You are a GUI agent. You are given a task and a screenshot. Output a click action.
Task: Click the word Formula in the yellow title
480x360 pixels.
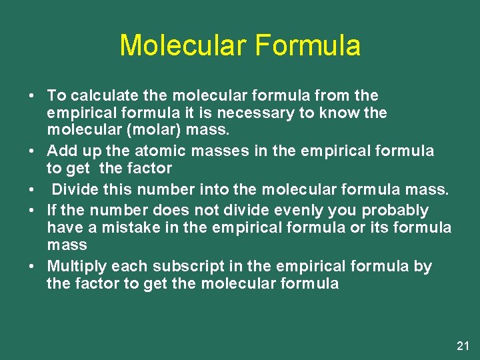(308, 45)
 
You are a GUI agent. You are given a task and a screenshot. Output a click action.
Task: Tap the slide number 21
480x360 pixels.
(463, 345)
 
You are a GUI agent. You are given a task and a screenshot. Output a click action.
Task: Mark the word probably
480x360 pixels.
(395, 211)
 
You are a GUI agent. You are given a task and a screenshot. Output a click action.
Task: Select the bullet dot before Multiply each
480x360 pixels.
(31, 267)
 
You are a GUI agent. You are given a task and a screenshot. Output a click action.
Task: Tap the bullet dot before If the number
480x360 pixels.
(31, 211)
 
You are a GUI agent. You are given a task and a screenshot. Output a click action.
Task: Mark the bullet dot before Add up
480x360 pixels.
(31, 151)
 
